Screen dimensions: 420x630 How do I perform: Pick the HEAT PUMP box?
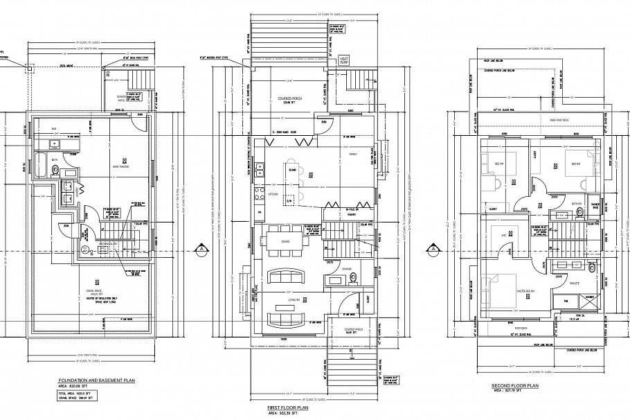point(343,61)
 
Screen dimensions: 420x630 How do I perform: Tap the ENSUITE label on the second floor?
point(575,283)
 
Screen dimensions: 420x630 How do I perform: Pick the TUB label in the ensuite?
point(566,300)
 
